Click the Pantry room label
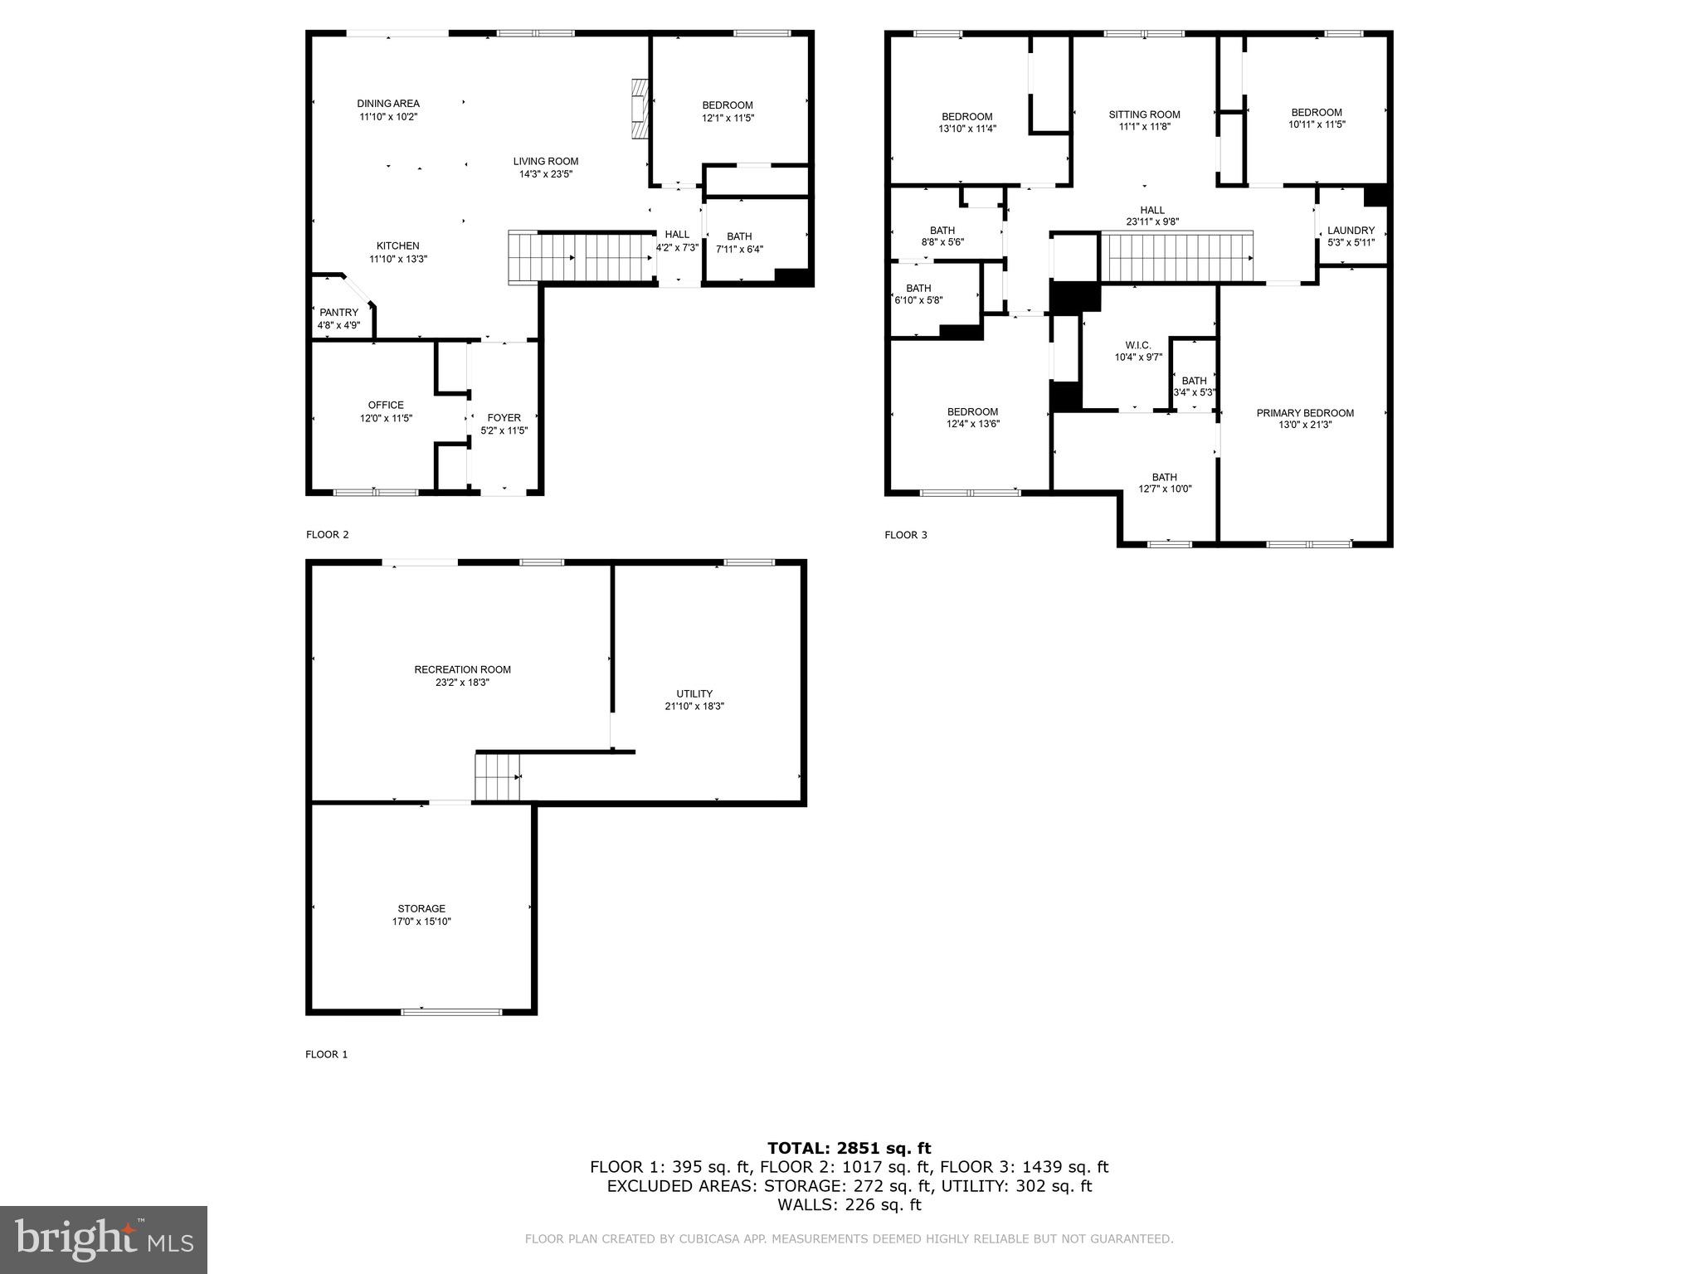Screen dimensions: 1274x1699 click(x=338, y=313)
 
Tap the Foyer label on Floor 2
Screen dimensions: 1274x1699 click(x=504, y=418)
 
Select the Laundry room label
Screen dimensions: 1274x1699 click(x=1351, y=231)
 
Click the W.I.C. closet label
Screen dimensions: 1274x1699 click(x=1138, y=345)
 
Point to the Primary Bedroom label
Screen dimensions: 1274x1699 click(x=1304, y=413)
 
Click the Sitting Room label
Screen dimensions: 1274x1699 click(x=1144, y=114)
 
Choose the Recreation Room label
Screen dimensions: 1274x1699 click(x=462, y=669)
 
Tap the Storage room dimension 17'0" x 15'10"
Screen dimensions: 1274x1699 click(x=421, y=921)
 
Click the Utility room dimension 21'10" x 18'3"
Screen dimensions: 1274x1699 click(x=694, y=706)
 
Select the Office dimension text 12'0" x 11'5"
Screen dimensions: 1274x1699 click(x=386, y=418)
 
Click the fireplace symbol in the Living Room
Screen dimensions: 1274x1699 click(x=640, y=109)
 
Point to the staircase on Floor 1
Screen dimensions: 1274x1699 click(x=497, y=776)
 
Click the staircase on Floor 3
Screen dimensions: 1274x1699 click(x=1176, y=258)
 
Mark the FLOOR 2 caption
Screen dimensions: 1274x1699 click(x=327, y=534)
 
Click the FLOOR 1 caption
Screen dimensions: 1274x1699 click(x=326, y=1054)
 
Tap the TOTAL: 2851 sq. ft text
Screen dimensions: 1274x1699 click(x=849, y=1148)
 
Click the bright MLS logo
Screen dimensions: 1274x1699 click(x=104, y=1239)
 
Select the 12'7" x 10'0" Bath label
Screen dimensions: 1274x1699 click(x=1164, y=483)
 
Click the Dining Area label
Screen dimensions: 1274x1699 click(x=388, y=104)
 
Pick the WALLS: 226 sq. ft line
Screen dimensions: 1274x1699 click(x=849, y=1204)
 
